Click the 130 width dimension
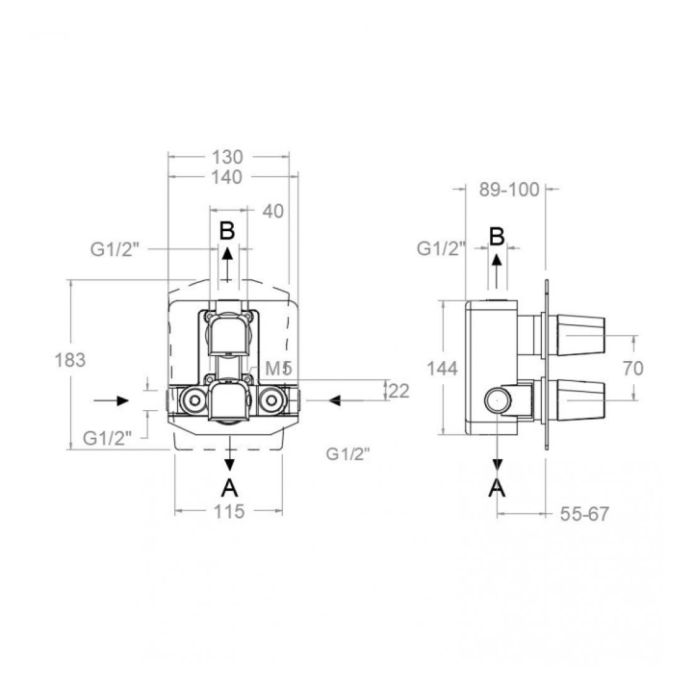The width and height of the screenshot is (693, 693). (227, 157)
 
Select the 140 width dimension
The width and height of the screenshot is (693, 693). (227, 177)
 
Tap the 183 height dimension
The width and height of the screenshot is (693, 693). (70, 360)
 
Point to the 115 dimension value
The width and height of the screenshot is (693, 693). (229, 512)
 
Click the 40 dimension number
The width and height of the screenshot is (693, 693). (273, 211)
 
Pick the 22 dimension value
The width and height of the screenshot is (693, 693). (398, 391)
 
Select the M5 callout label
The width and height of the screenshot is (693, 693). (279, 369)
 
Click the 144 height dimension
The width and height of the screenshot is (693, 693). (443, 368)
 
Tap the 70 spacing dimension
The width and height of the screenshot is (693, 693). (633, 368)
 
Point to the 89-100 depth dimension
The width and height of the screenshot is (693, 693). (509, 190)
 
